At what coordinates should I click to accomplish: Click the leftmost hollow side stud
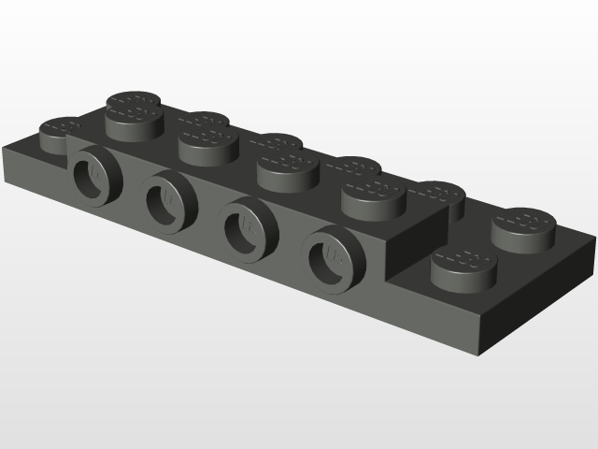94,176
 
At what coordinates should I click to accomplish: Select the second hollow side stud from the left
169,199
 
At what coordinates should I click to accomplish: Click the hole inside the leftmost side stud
91,175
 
